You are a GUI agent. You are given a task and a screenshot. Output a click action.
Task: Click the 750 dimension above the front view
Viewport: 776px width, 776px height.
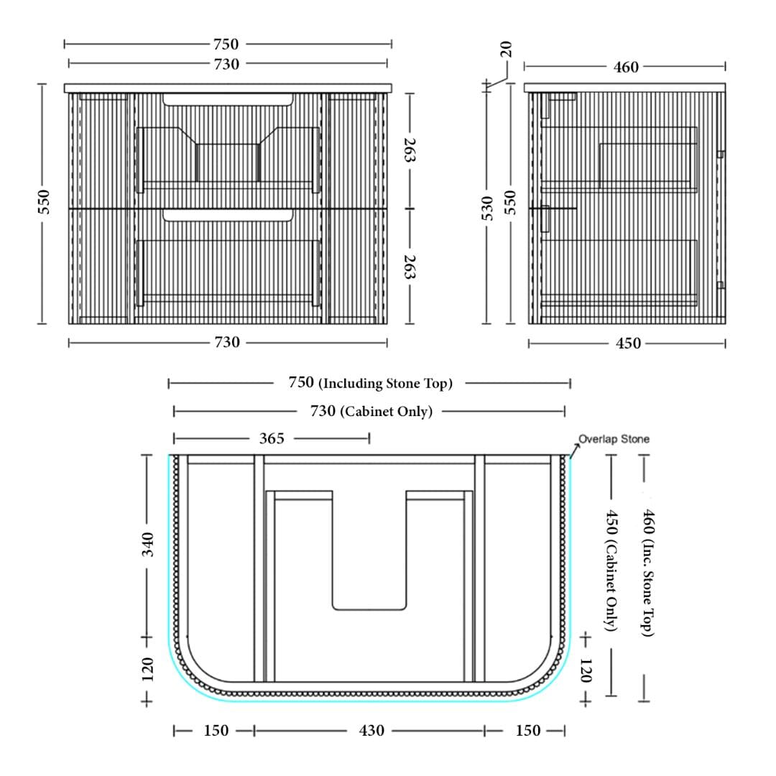pos(226,44)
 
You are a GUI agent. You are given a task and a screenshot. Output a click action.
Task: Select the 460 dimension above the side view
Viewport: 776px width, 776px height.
pos(626,67)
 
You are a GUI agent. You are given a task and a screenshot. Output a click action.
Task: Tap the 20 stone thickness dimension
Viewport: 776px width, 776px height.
pos(506,49)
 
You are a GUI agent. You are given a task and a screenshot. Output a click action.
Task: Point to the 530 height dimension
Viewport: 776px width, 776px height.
pos(487,208)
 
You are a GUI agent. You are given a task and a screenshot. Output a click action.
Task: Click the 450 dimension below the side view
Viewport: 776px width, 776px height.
pos(629,343)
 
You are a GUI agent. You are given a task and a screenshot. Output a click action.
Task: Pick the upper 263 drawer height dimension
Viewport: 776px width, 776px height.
pos(410,150)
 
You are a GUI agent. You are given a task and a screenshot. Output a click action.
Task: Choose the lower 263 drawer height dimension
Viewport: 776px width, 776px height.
pos(410,267)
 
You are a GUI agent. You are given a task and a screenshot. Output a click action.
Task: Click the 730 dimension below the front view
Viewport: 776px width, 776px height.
pos(227,342)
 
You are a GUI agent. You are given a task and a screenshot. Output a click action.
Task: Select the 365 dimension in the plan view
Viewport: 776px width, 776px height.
pos(272,438)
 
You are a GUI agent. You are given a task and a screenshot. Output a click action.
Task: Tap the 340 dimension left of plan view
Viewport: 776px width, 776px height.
pos(148,545)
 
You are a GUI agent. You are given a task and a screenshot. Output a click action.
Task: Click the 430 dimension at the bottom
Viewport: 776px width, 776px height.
pos(371,731)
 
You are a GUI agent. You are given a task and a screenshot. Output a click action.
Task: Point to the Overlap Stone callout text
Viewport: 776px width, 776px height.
pos(614,439)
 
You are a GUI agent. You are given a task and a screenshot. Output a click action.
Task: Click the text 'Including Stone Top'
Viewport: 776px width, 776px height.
pos(386,384)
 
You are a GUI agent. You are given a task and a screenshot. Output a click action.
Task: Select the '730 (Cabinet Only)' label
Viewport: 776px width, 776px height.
pos(371,411)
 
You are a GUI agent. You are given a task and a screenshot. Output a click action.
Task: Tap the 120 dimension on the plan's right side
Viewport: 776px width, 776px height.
pos(586,670)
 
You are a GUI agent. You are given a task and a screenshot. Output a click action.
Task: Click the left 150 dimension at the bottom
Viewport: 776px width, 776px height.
pos(216,731)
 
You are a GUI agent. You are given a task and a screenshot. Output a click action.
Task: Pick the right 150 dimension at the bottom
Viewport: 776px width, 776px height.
pos(528,731)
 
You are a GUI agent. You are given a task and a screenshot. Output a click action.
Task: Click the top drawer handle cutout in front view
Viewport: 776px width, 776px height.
pos(228,99)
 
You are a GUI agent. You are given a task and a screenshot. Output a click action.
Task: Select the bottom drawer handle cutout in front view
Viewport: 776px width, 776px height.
pos(228,215)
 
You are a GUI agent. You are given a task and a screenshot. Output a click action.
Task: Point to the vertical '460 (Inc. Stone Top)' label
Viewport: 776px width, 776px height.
pos(648,573)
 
